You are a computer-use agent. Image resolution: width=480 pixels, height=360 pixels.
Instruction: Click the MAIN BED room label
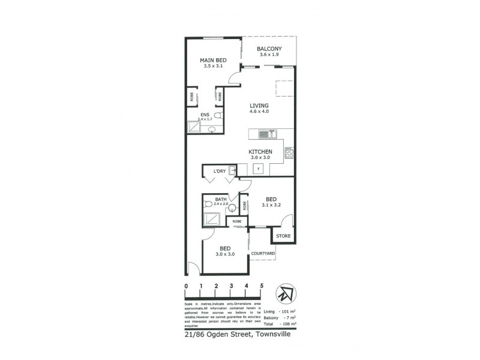click(x=213, y=60)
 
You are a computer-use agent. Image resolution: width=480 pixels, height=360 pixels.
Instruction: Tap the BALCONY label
click(x=269, y=49)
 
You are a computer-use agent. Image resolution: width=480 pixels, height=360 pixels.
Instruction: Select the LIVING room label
click(x=259, y=105)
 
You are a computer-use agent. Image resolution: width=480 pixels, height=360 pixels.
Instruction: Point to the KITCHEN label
click(x=260, y=151)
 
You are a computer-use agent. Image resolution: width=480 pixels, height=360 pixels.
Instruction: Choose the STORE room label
click(x=283, y=236)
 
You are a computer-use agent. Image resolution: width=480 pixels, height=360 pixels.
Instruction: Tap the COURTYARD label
click(x=263, y=254)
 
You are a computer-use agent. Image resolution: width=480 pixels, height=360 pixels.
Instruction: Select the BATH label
click(x=221, y=199)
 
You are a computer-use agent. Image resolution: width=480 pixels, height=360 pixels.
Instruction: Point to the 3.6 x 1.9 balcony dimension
click(x=269, y=55)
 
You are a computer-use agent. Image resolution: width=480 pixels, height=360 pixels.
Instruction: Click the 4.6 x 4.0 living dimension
click(x=259, y=111)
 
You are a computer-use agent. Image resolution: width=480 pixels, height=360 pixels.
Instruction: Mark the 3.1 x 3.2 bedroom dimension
click(x=271, y=205)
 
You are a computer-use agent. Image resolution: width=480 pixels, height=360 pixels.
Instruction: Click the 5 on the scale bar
click(x=262, y=286)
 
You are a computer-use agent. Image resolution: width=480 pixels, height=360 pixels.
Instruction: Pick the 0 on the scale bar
click(x=187, y=286)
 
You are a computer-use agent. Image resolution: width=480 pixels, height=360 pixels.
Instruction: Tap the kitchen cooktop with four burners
click(x=289, y=152)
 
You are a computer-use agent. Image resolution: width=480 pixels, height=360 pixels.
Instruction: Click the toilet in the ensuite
click(x=218, y=115)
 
